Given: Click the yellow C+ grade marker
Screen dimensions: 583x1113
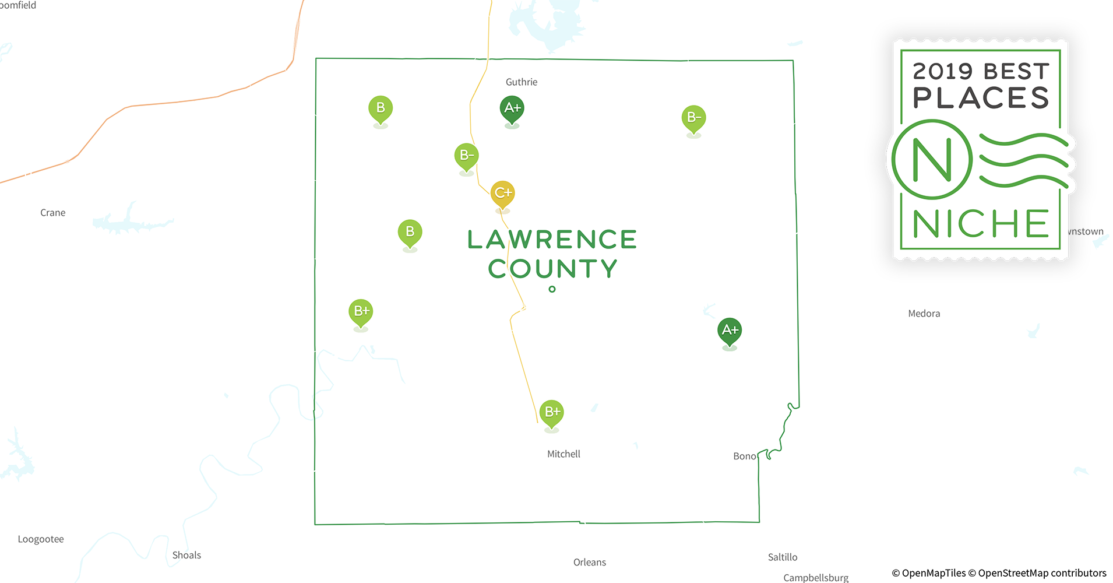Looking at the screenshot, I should tap(502, 193).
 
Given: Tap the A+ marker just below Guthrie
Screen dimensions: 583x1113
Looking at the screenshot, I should tap(512, 108).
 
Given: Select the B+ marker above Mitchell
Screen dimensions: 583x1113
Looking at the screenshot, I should tap(551, 412).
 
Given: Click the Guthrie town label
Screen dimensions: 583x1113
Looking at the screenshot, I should tap(522, 82).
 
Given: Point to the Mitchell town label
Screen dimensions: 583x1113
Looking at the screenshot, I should tap(563, 454).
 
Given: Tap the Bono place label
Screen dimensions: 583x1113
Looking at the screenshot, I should tap(744, 456).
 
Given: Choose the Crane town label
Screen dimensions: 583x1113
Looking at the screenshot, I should tap(53, 213).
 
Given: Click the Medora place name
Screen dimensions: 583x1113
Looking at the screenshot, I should tap(924, 314).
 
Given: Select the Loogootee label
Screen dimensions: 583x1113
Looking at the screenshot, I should tap(41, 539).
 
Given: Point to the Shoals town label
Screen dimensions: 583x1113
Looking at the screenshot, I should tap(186, 555).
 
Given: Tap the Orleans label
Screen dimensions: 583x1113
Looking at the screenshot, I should tap(589, 563).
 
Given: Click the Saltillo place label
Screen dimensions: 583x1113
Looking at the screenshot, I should tap(782, 557).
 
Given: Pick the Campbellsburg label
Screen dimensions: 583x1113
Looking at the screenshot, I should tap(815, 578).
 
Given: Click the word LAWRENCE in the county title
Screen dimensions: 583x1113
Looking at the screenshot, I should tap(552, 240).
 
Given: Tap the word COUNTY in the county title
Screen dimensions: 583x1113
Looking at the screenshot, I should tap(552, 269).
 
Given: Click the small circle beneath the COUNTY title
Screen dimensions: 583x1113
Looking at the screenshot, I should tap(552, 289).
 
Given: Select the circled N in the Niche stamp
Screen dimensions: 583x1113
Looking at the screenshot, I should tap(932, 159).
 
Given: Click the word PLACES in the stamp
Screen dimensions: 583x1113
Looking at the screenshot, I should tap(981, 98).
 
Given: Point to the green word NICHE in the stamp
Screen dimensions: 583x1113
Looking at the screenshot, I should tap(980, 224).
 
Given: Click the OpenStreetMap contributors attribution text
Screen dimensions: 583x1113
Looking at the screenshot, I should tap(1041, 573).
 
